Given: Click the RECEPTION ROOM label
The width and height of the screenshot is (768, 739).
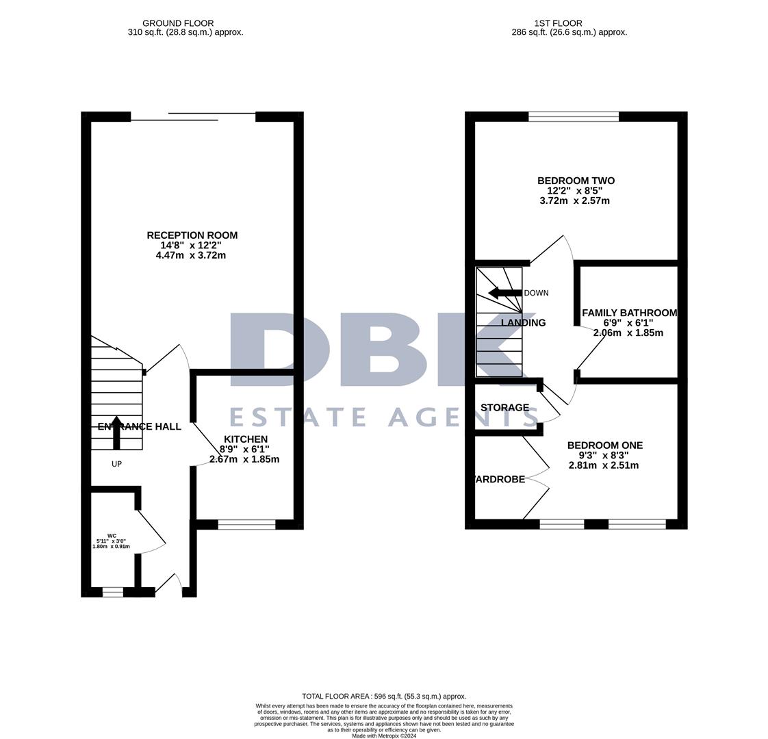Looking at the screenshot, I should coord(192,235).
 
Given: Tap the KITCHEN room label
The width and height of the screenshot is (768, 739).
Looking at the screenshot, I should coord(246,439).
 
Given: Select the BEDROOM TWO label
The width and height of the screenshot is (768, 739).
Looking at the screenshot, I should coord(576,181).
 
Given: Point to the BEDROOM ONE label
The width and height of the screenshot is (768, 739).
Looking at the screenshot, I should coord(604,445).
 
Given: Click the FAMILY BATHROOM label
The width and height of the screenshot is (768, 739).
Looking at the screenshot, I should coord(629,313).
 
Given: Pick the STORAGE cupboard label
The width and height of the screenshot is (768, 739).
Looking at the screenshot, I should coord(504,408).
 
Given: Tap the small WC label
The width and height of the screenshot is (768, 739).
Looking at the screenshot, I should coord(112,536).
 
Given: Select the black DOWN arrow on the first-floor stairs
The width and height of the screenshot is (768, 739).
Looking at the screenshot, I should coord(504,293).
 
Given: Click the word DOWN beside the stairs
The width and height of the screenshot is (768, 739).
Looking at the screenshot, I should coord(536,293).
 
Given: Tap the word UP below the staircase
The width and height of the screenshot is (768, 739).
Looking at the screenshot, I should coord(116,464).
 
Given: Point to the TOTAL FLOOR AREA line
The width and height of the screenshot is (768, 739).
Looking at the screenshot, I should coord(384,696).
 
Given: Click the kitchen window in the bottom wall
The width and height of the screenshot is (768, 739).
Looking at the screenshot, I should coord(246,525).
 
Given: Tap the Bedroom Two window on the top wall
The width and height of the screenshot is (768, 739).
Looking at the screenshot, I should coord(574,116).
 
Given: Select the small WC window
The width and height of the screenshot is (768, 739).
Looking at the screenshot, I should coord(113,592).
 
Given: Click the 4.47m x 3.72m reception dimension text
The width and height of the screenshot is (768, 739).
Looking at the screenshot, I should coord(191,255).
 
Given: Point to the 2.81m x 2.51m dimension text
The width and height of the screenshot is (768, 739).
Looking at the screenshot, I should coord(604,465).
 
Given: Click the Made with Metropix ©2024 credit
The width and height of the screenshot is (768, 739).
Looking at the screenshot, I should coord(384,736).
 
